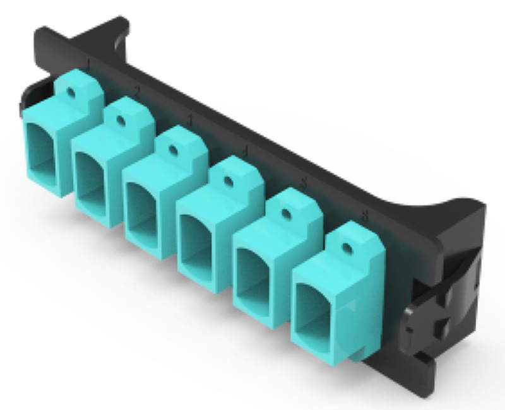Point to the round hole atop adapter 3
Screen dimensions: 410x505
(x=172, y=150)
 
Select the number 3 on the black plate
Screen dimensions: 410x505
(x=191, y=120)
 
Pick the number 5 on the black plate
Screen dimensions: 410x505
(x=304, y=183)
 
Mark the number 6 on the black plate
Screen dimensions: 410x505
(x=365, y=216)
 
